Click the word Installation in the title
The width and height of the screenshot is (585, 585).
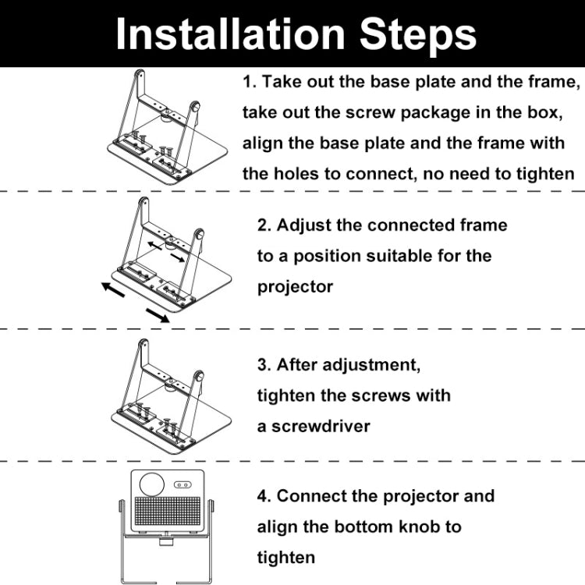point(230,34)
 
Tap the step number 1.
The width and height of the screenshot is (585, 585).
point(249,82)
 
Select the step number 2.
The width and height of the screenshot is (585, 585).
point(264,225)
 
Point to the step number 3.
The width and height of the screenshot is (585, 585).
point(264,365)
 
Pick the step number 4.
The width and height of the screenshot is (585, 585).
point(264,497)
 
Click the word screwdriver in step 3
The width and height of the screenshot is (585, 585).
point(321,426)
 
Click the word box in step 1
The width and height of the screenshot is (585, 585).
point(541,112)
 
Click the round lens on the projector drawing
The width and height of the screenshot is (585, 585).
point(152,484)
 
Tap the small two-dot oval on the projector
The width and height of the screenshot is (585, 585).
point(183,485)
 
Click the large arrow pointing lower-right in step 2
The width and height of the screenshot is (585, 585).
point(158,315)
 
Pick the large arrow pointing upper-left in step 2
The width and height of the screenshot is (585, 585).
point(113,289)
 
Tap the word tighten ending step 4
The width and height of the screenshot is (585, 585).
point(286,558)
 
